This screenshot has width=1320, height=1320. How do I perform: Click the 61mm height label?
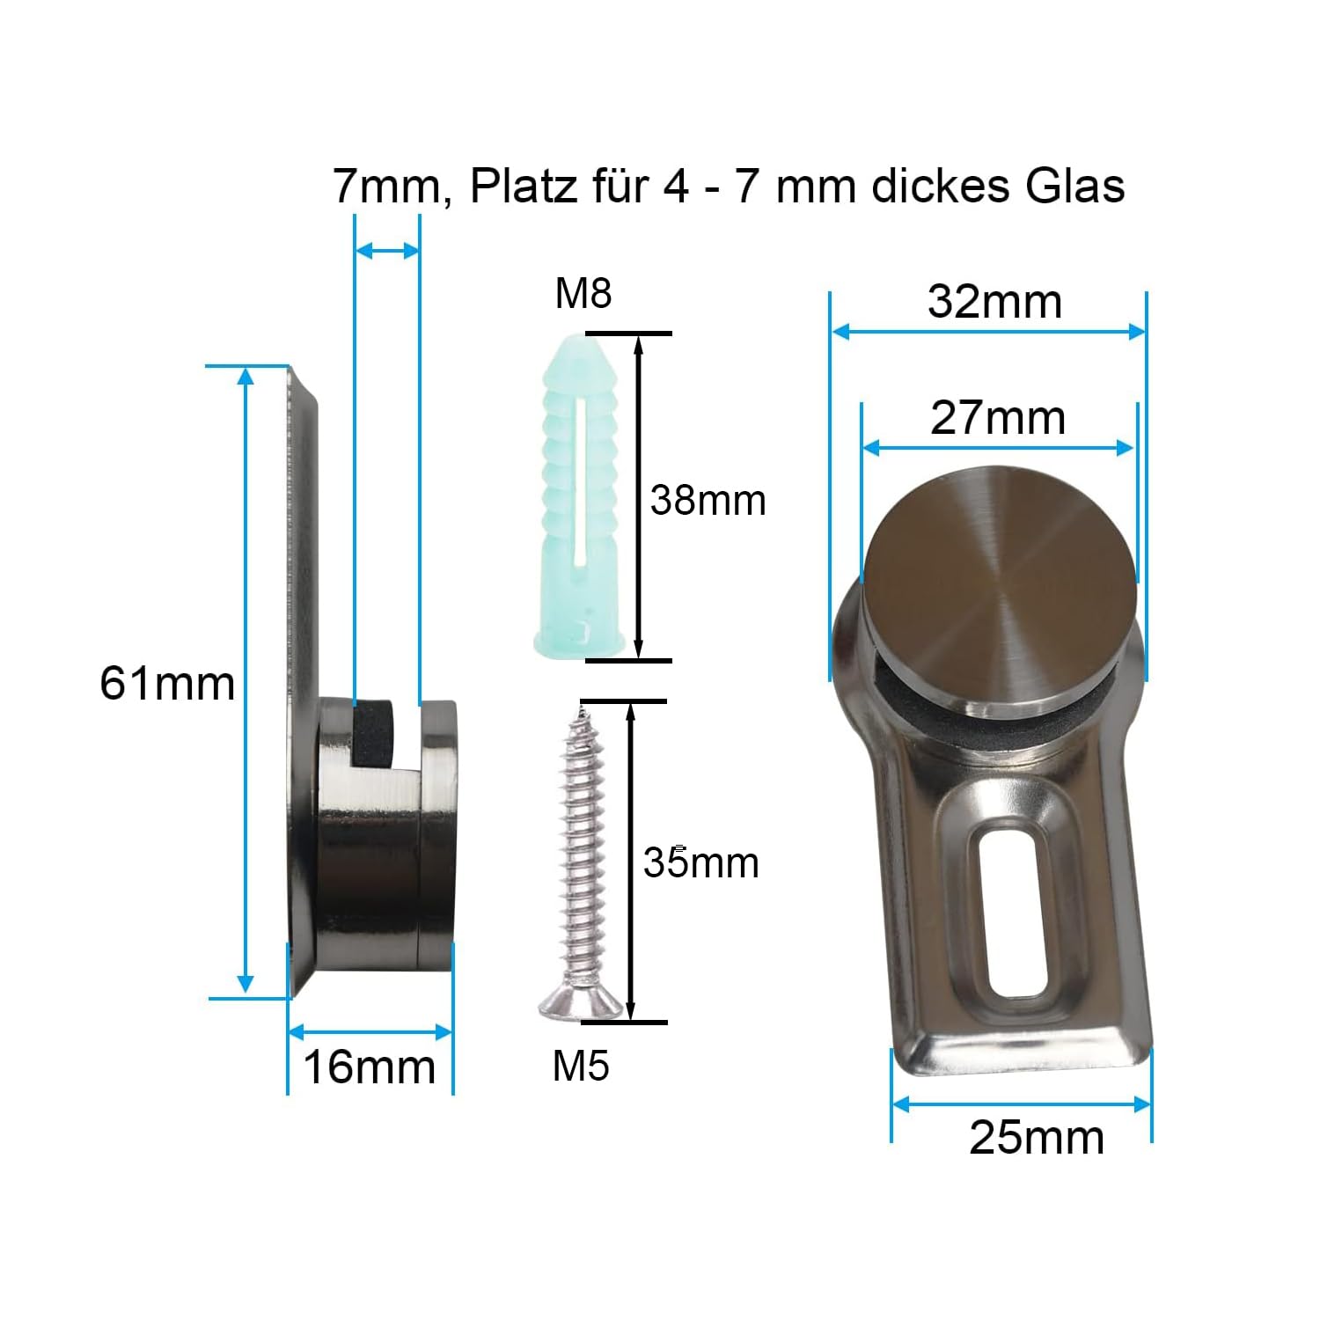[x=167, y=683]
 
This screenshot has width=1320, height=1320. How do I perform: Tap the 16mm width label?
[x=370, y=1067]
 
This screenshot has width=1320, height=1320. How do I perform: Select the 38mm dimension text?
[x=708, y=500]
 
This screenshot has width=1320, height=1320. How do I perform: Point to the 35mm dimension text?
[x=700, y=862]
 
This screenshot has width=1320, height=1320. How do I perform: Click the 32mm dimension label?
[x=995, y=302]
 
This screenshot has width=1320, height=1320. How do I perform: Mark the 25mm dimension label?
[x=1037, y=1137]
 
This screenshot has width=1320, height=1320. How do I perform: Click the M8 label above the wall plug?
[x=583, y=293]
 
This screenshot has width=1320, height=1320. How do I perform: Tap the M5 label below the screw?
[x=581, y=1066]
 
